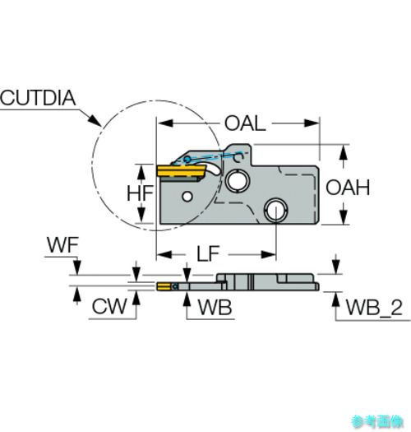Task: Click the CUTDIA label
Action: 38,98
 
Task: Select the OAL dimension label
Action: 245,123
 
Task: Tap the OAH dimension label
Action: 348,188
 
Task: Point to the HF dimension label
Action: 140,193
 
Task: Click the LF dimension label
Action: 208,253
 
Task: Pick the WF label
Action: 62,244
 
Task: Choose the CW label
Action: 109,306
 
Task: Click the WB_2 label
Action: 374,308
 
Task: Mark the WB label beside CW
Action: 215,307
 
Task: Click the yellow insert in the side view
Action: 181,171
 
